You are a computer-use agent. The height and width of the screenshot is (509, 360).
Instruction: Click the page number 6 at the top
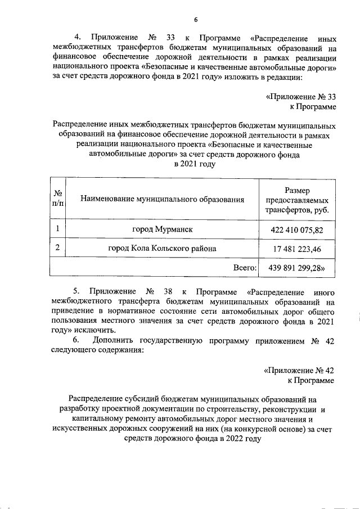coord(196,20)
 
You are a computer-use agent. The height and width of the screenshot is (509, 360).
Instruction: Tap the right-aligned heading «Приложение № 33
coord(300,96)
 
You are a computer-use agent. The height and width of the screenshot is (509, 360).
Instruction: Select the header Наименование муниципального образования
coord(163,199)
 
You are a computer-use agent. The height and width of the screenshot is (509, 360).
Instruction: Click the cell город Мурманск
coord(163,230)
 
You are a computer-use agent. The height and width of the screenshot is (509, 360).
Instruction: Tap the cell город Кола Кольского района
coord(163,248)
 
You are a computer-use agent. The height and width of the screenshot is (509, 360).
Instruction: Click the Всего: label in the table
coord(245,268)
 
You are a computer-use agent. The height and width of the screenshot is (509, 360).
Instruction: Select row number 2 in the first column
coord(57,248)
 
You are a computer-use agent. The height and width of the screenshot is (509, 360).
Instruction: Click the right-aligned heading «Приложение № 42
coord(299,371)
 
